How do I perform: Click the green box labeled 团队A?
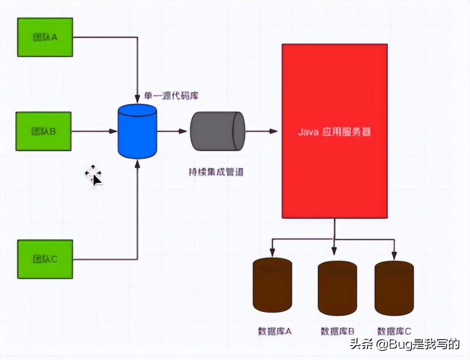point(45,37)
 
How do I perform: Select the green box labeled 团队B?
point(44,131)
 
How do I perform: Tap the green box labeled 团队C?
point(45,259)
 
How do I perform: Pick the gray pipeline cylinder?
point(217,131)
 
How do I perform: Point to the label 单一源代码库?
point(171,96)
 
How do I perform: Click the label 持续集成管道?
point(216,172)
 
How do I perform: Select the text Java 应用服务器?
point(334,132)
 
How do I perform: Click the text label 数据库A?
point(275,331)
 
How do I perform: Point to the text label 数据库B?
point(337,331)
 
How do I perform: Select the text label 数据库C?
point(394,331)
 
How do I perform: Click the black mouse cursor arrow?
point(97,180)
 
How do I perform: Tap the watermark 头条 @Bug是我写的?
point(405,344)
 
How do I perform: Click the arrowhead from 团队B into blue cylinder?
point(113,131)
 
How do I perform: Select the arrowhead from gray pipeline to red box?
point(274,131)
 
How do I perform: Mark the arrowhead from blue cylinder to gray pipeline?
point(183,131)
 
